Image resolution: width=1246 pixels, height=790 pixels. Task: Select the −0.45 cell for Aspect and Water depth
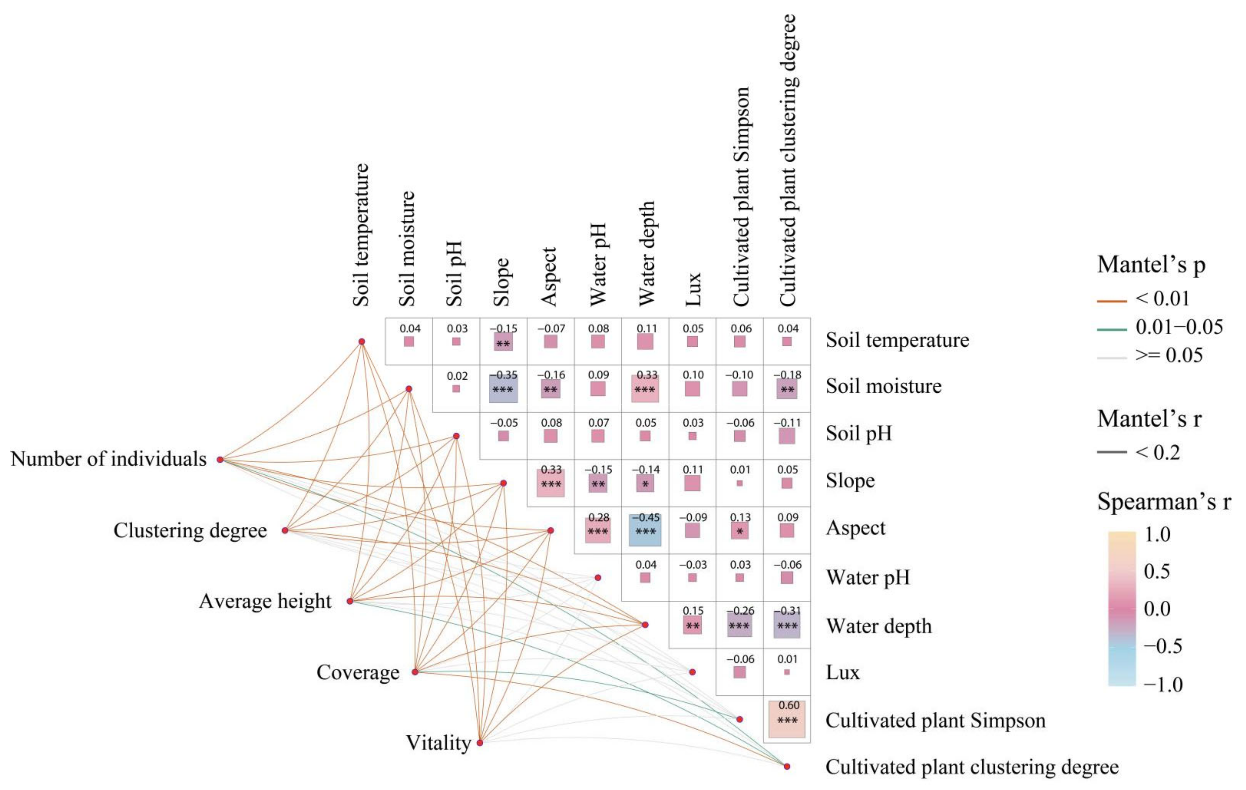click(x=645, y=530)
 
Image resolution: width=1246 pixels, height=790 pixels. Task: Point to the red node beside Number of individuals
click(x=220, y=459)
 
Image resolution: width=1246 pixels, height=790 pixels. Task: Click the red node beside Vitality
click(x=480, y=743)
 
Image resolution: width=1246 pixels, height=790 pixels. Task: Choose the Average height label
click(x=265, y=601)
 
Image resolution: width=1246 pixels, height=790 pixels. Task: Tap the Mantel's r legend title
click(x=1149, y=419)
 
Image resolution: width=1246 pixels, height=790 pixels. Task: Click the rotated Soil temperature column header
click(x=361, y=235)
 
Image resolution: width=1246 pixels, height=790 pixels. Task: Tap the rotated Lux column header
click(x=692, y=289)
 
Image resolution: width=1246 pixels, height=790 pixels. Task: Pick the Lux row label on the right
click(x=842, y=673)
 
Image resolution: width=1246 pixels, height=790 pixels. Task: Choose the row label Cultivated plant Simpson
click(x=935, y=720)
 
